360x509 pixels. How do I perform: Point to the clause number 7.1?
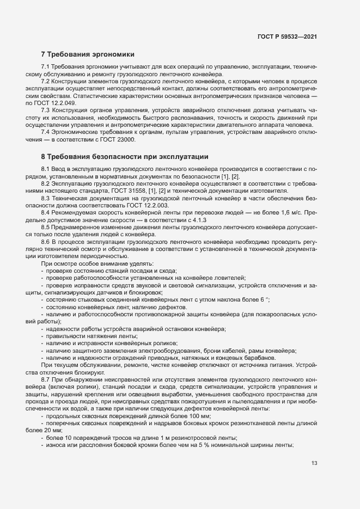[x=46, y=66]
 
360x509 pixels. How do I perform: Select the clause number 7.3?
[x=46, y=110]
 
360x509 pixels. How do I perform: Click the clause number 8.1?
[x=46, y=169]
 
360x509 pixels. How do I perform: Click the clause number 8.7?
[x=46, y=379]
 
